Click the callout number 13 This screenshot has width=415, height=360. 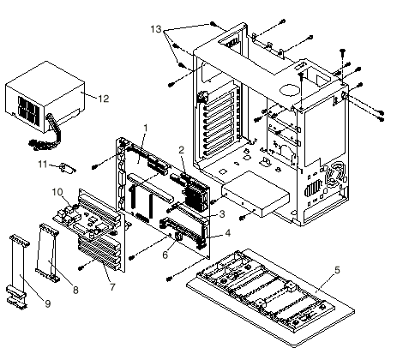click(x=156, y=29)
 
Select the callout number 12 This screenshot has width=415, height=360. click(x=104, y=99)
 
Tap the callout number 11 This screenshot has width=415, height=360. click(x=43, y=165)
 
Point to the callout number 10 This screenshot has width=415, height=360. click(x=57, y=192)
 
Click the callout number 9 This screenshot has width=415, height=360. click(x=48, y=303)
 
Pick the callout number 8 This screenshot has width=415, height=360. click(x=75, y=290)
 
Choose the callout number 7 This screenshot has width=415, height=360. click(x=112, y=287)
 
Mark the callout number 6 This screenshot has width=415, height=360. click(x=165, y=255)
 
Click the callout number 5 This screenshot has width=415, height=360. click(x=337, y=270)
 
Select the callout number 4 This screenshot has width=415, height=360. click(x=227, y=233)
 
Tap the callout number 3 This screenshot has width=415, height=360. click(x=222, y=213)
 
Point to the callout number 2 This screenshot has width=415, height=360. click(x=182, y=150)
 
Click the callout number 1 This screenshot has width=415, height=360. click(x=146, y=128)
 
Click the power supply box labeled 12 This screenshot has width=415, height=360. click(x=45, y=97)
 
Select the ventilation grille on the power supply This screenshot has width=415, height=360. click(x=28, y=111)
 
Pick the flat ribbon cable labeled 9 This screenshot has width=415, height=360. click(x=18, y=272)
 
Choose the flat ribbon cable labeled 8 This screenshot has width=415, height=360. click(x=47, y=252)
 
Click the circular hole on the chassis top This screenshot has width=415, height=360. click(x=290, y=90)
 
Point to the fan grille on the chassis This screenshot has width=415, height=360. click(x=336, y=173)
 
